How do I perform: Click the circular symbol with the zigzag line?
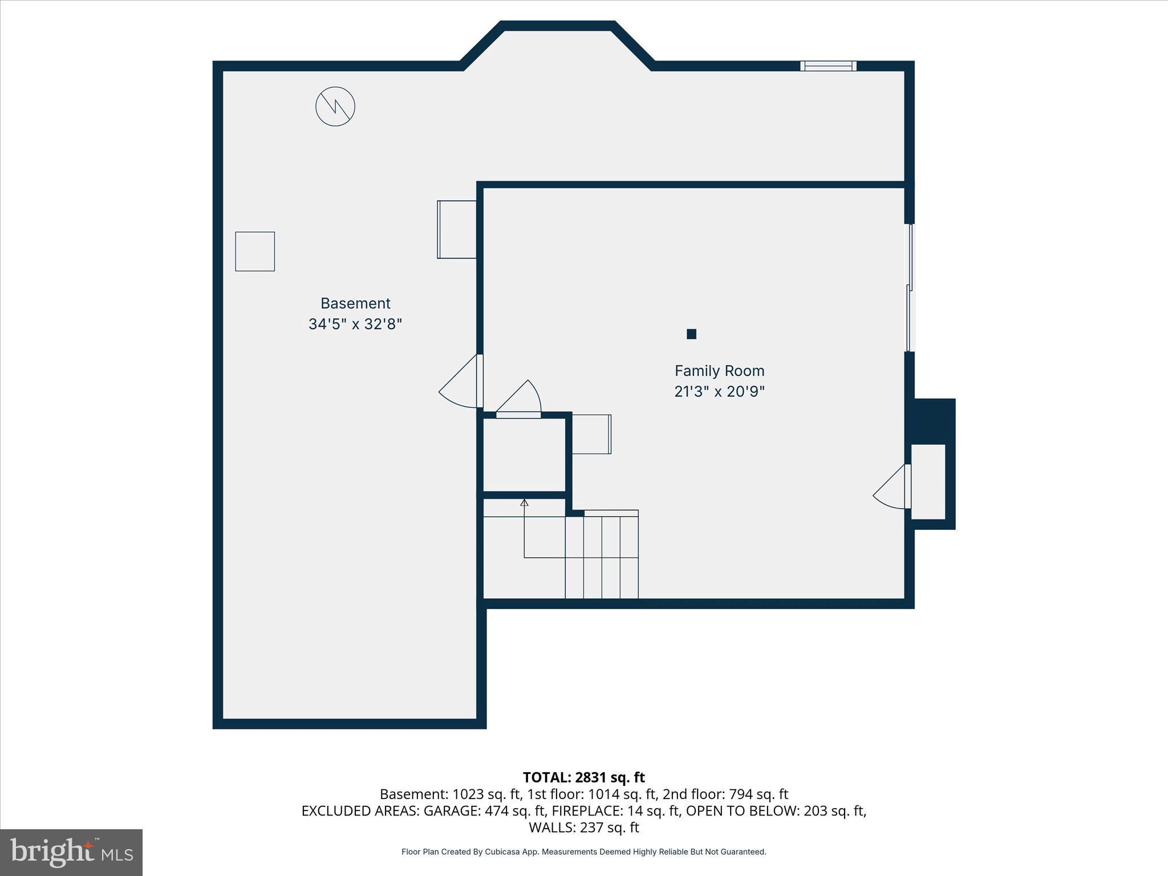(335, 107)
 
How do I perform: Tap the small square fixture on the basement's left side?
(255, 252)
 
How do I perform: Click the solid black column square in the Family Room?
(691, 334)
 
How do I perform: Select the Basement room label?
(355, 303)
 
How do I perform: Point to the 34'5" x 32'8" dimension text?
(355, 324)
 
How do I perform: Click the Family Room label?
(719, 371)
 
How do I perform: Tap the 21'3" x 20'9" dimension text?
(719, 392)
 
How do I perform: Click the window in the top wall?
(828, 66)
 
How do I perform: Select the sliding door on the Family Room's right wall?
(910, 288)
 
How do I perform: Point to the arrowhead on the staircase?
(524, 502)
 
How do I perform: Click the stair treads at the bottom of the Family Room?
(602, 556)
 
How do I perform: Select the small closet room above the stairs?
(524, 455)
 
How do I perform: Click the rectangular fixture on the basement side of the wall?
(457, 229)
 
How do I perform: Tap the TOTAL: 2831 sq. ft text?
(583, 777)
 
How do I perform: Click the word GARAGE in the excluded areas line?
(451, 811)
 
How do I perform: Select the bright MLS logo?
(71, 852)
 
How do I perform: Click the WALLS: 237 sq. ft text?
(583, 828)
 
